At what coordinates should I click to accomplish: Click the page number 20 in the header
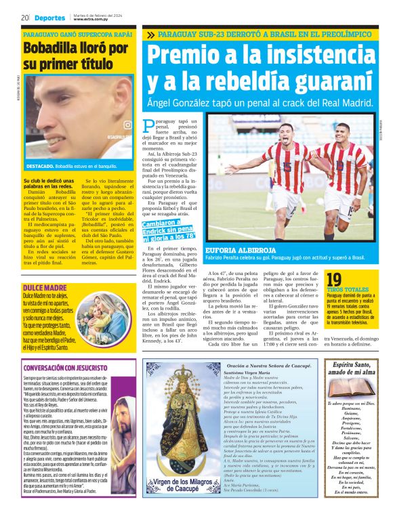click(24, 18)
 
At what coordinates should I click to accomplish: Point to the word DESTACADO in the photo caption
click(40, 165)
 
